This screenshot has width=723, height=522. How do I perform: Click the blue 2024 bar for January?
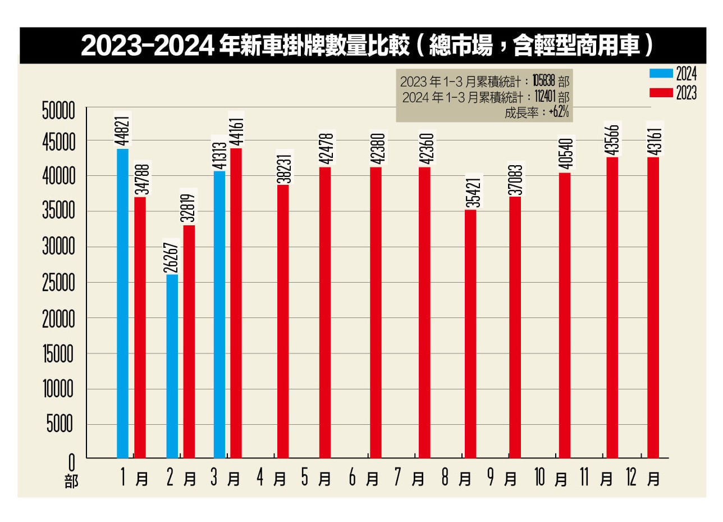122,303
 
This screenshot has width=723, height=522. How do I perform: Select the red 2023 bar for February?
189,342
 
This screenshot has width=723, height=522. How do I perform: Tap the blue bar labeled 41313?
219,314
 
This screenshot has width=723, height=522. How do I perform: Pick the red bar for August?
470,334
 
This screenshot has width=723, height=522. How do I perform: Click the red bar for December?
653,307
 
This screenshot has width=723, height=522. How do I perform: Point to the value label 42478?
328,149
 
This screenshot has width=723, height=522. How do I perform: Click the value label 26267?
173,258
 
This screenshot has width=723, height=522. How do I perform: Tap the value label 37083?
515,180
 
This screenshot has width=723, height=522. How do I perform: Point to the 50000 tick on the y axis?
58,111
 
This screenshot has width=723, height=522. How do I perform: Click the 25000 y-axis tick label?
58,283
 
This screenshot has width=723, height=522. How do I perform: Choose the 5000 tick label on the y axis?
60,424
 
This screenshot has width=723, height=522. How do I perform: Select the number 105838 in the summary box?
544,81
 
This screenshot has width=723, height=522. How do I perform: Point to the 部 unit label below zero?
72,482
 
